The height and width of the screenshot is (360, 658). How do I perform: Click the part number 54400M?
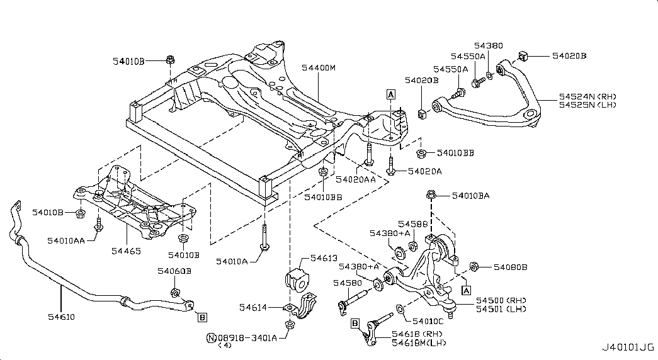coord(319,67)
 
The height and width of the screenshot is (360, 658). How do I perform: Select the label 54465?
coord(126,251)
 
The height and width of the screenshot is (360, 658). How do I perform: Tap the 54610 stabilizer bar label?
coord(61,317)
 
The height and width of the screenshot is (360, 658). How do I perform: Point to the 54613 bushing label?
coord(324,258)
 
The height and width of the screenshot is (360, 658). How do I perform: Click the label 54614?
coord(253,308)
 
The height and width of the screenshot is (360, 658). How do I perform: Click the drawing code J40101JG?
coord(628,347)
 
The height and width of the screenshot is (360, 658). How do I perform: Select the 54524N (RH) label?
coord(587,96)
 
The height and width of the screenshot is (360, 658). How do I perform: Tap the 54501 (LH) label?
coord(501,309)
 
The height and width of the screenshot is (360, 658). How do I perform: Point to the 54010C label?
coord(428,321)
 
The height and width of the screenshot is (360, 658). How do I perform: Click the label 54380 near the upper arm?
coord(489,45)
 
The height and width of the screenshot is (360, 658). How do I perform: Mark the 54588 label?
coord(413,224)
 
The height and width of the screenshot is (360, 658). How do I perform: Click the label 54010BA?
coord(470,196)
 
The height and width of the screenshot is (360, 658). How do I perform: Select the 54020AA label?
coord(355,179)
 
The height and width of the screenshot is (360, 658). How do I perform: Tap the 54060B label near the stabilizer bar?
coord(174,271)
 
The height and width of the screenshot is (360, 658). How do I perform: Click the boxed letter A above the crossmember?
coord(390,94)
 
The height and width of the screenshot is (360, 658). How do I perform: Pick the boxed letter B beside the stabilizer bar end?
coord(202,318)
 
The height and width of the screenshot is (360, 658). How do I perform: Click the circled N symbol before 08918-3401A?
coord(211,338)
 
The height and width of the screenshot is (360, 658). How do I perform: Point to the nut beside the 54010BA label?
coord(431,194)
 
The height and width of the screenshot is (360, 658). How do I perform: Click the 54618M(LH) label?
coord(419,343)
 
